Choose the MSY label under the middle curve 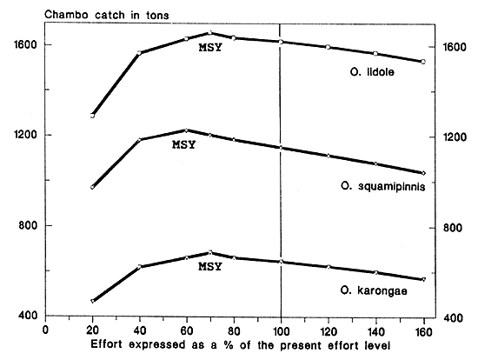(184, 144)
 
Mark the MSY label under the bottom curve (210, 266)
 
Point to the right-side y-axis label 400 (454, 318)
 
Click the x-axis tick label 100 (280, 330)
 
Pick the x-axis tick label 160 (422, 330)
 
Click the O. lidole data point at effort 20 (92, 115)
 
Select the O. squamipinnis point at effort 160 (422, 173)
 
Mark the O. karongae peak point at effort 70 (209, 252)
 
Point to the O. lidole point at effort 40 (139, 53)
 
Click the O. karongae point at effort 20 (92, 301)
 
